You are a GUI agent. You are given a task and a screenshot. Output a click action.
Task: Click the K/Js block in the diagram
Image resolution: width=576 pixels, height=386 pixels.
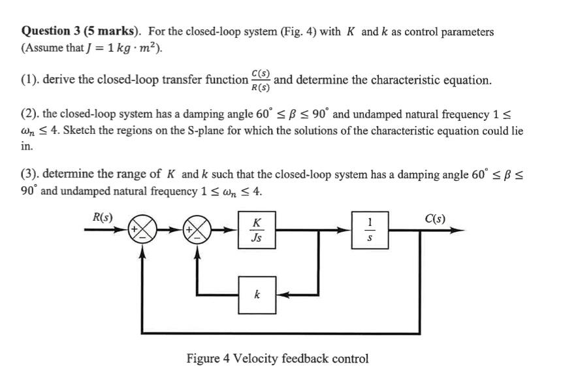257,230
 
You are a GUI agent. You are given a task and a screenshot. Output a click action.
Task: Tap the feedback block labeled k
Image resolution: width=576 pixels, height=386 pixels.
257,295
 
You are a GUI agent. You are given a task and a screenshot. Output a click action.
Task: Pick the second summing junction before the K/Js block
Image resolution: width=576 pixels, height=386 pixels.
199,230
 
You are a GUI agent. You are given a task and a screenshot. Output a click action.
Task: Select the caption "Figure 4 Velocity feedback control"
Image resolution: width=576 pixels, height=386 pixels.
277,359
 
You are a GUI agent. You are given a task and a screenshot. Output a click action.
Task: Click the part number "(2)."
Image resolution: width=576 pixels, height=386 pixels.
30,115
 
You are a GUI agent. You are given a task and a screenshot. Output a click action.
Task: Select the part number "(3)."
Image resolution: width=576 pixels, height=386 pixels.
30,174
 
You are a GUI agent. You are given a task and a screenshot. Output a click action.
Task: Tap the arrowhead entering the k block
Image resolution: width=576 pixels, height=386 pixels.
281,295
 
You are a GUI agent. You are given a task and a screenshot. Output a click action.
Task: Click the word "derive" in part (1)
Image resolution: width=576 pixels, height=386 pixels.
59,80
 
